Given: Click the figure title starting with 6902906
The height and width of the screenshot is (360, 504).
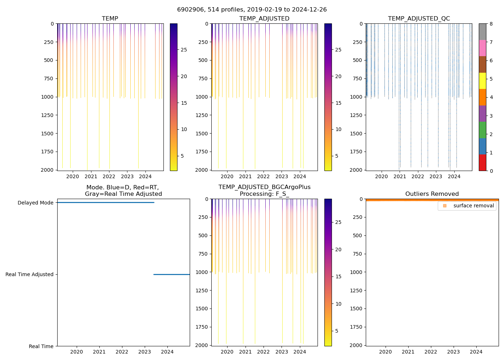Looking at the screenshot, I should pos(252,10).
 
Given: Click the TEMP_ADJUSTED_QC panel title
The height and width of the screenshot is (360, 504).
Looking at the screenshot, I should pos(419,19).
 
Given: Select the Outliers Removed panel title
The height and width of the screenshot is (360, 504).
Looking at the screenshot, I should pos(432,194).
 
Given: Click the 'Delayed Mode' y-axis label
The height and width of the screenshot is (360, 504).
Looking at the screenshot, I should pos(35,203).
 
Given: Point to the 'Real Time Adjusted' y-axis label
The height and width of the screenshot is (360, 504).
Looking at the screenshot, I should pos(29,274).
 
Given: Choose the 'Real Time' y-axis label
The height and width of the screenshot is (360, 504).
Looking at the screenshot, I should pos(41,346).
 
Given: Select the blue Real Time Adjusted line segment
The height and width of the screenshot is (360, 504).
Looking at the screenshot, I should pos(171,275).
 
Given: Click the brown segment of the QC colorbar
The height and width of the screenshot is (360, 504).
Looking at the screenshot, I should pos(482,64).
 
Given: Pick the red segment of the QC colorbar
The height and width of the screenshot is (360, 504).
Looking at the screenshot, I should pos(482,162).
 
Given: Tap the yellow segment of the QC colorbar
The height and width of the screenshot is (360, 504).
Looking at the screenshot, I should pos(482,81).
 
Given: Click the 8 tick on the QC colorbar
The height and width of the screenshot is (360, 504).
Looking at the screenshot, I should pos(491,24).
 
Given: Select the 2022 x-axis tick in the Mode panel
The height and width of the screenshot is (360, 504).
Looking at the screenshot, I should pos(122,352).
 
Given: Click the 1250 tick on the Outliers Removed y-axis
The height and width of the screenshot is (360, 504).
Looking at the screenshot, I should pos(356,291).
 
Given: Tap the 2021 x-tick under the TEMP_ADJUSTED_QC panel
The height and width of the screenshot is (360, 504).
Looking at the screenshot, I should pos(400,176).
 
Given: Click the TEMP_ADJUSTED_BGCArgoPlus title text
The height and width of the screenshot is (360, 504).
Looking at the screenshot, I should pos(264,187).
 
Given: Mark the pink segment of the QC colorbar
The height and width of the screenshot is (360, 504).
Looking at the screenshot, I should pos(482,48).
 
